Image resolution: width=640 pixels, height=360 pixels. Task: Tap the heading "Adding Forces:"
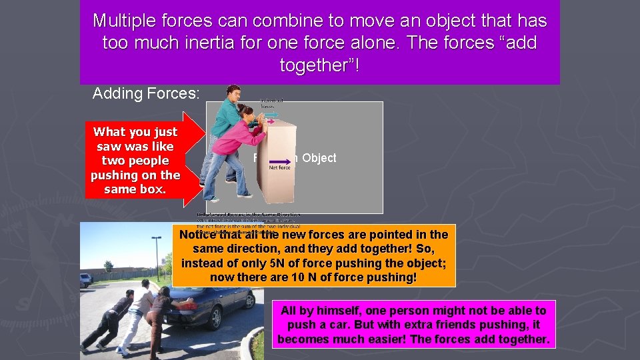145,93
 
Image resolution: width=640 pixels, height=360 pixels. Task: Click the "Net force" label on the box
279,168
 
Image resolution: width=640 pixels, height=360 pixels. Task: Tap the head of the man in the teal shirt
233,94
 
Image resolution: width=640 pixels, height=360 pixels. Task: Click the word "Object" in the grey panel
319,158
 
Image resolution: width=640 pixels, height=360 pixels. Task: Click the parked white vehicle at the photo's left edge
85,280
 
